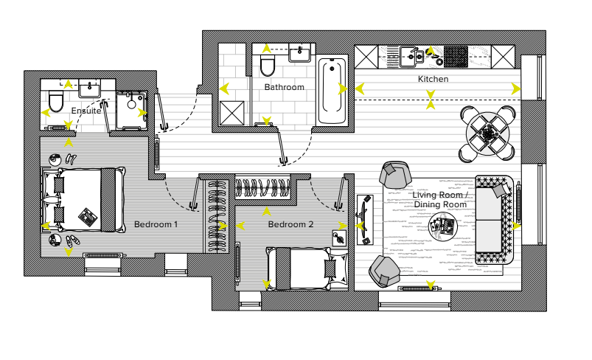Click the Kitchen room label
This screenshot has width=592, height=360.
433,79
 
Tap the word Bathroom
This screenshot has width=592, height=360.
285,87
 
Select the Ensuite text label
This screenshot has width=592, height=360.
86,111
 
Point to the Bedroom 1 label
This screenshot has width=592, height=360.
156,224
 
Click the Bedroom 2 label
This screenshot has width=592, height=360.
290,224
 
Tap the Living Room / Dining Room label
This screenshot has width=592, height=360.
440,199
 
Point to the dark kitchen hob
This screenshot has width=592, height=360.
455,55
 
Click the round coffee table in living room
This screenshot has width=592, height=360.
443,225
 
